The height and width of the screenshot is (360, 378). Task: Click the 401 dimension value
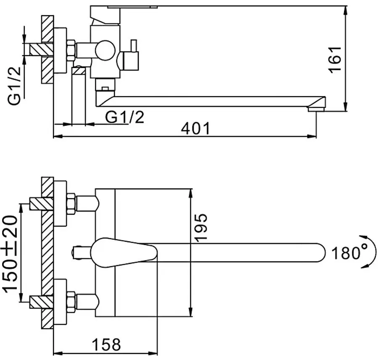(x=194, y=128)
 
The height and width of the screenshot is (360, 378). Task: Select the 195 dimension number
(x=202, y=227)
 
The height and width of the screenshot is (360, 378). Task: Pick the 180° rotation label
(x=349, y=253)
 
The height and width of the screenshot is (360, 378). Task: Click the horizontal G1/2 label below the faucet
(x=124, y=117)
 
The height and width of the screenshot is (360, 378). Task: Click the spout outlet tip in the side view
(x=316, y=109)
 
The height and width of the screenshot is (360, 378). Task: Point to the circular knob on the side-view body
(x=103, y=51)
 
